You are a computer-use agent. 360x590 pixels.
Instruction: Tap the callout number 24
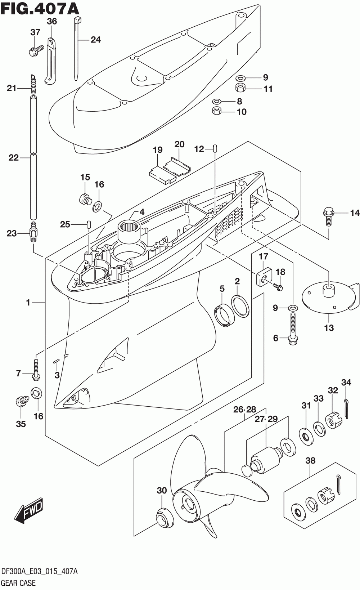click(95, 40)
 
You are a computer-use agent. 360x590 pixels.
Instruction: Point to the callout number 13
click(329, 328)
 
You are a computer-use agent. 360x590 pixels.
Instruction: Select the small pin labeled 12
click(215, 148)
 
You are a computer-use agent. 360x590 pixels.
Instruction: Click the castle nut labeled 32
click(334, 420)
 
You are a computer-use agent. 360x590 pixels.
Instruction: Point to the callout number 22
click(14, 158)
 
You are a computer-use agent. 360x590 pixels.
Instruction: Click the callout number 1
click(28, 303)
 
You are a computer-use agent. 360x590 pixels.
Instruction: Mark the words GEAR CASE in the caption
click(18, 583)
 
